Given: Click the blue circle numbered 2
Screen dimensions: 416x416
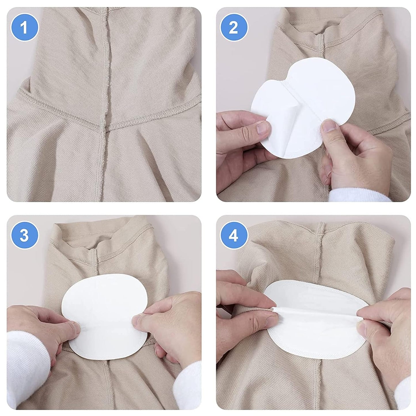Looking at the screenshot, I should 233,28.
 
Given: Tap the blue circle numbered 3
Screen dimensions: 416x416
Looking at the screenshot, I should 24,236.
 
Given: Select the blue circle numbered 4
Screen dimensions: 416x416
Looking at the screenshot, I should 233,236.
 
